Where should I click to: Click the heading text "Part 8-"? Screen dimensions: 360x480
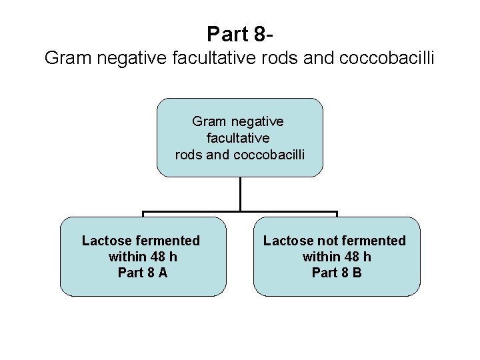point(240,33)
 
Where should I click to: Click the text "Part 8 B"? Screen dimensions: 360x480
point(337,273)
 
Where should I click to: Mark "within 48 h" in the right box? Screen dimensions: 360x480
point(337,257)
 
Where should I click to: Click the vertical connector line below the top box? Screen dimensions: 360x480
point(240,194)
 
